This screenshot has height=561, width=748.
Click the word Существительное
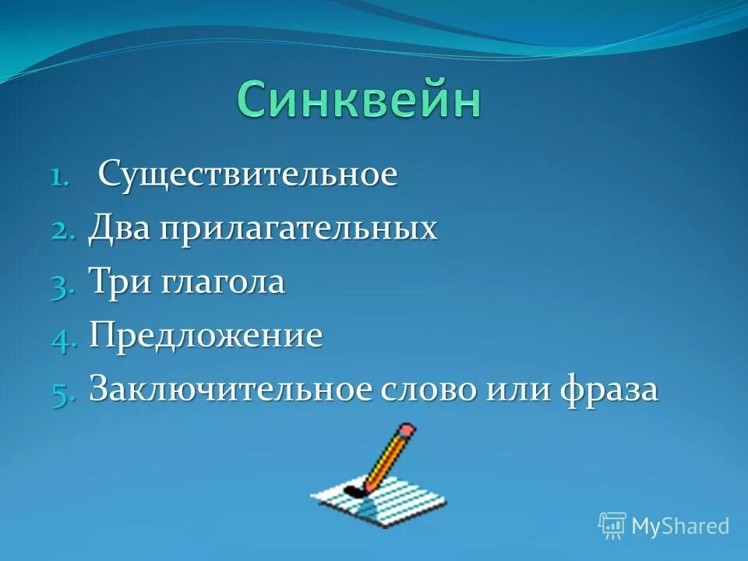(248, 174)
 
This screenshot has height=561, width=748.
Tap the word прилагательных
(298, 230)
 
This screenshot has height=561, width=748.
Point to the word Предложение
(206, 337)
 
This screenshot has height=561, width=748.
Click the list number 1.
(61, 177)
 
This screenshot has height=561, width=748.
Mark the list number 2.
(63, 231)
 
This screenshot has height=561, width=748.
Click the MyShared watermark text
(679, 526)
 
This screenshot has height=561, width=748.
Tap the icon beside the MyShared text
(612, 526)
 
